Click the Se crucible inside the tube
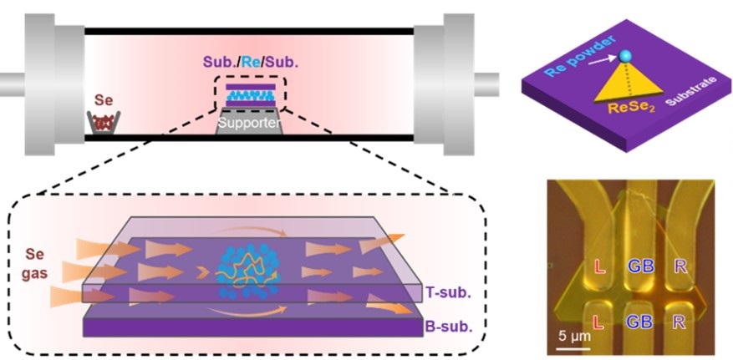[x=102, y=123]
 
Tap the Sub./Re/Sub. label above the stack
[x=248, y=63]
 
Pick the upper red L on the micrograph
[x=598, y=268]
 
